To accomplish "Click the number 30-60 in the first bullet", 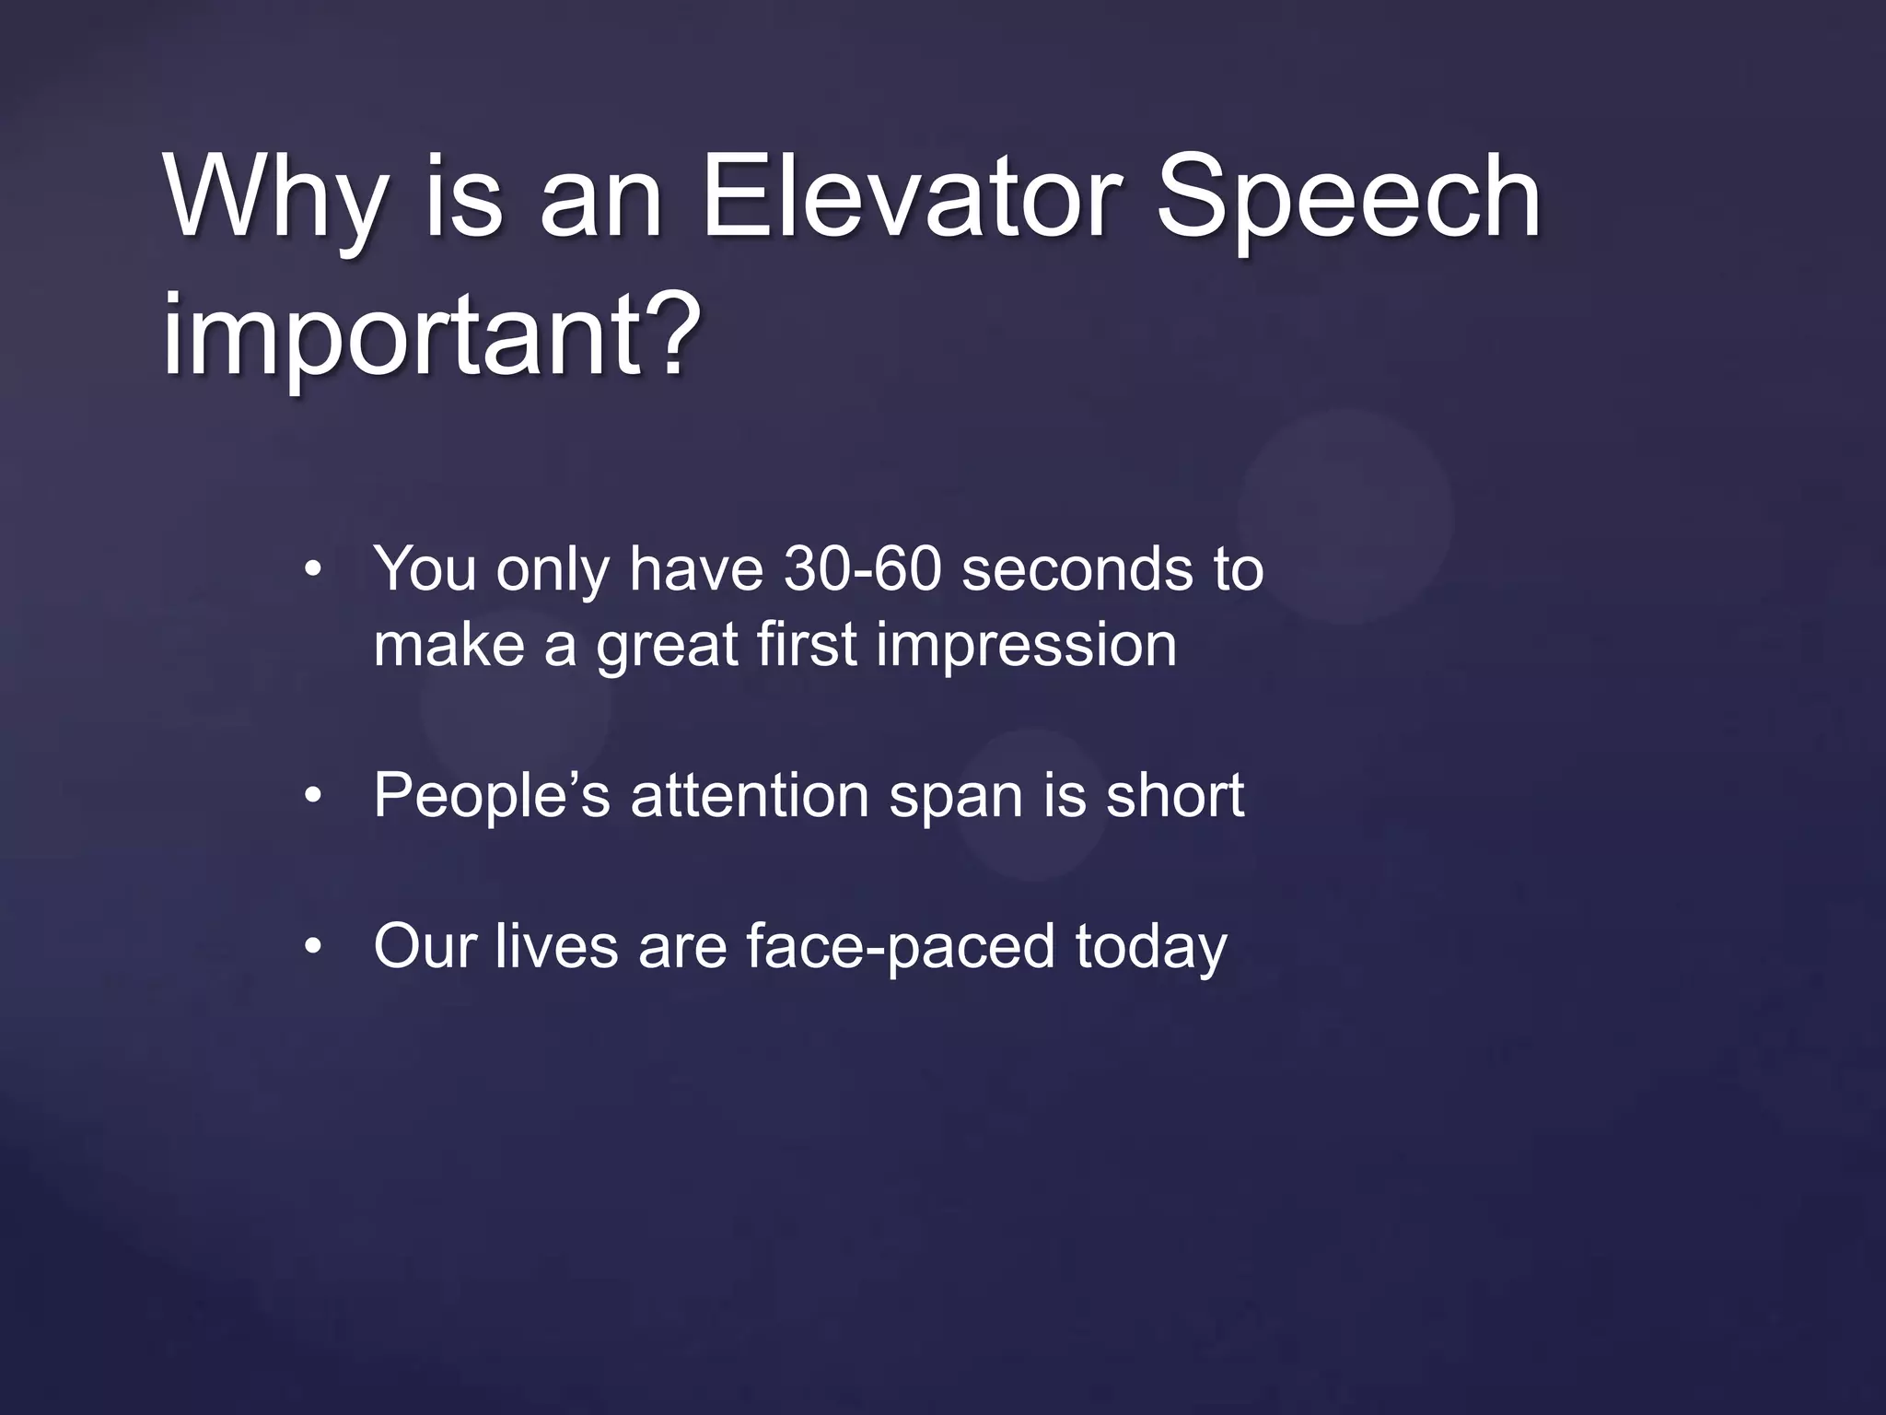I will [x=863, y=568].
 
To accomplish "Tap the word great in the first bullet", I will [x=668, y=645].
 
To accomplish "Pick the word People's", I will [x=492, y=795].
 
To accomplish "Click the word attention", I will [x=750, y=795].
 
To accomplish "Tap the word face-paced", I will [x=900, y=946].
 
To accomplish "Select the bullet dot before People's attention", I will [x=313, y=796].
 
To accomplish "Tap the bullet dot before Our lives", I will [x=313, y=947].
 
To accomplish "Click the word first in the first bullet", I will [x=808, y=644].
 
